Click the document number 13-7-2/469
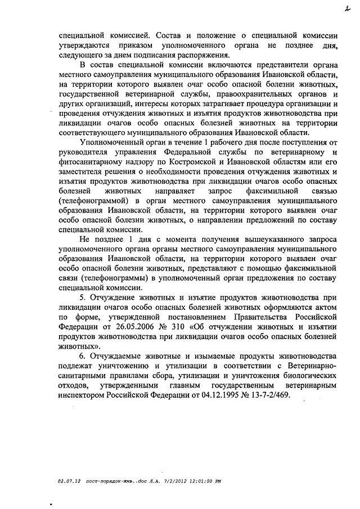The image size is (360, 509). point(268,395)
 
